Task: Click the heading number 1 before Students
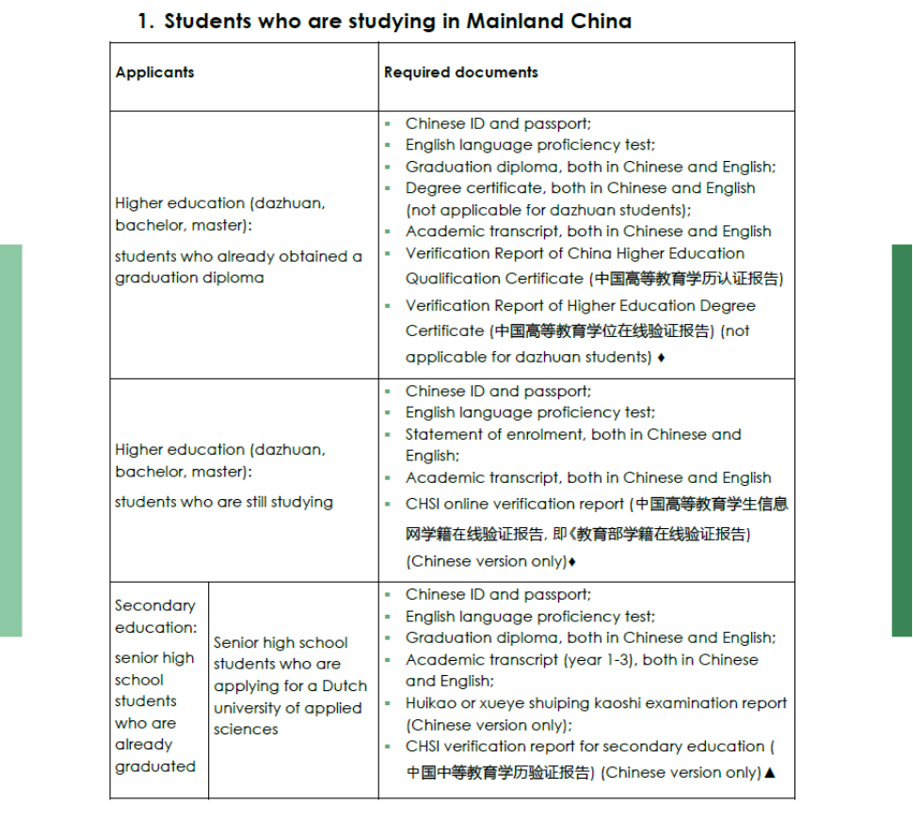[x=143, y=22]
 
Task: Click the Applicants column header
[x=155, y=72]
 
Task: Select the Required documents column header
[x=461, y=72]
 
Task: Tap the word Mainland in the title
[x=515, y=22]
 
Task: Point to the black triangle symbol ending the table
[x=770, y=773]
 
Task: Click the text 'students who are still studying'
[x=224, y=502]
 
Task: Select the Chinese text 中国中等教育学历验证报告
[x=501, y=773]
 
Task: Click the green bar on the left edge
[x=10, y=440]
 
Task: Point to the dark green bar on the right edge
[x=902, y=440]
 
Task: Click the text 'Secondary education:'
[x=156, y=617]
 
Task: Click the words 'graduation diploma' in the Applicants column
[x=189, y=279]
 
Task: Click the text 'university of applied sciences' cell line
[x=287, y=708]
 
